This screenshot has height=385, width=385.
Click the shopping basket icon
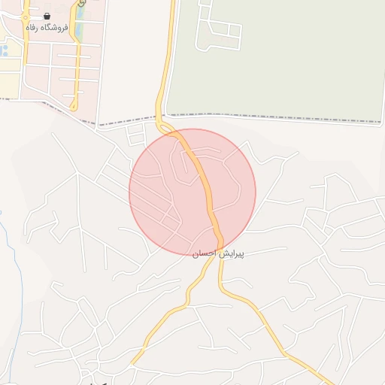(x=47, y=16)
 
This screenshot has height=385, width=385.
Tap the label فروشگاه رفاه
(x=47, y=28)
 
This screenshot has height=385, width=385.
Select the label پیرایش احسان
(x=217, y=254)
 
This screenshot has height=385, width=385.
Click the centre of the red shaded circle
(x=192, y=192)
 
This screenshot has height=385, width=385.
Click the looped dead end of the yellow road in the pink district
(x=74, y=106)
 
